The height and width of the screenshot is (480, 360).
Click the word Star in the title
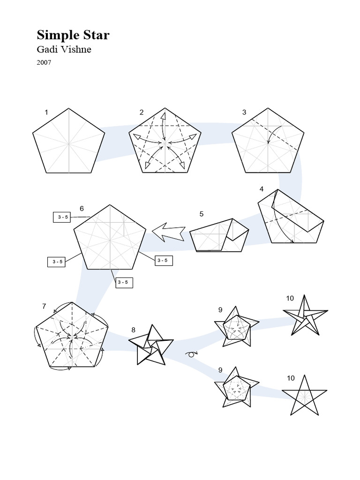96,36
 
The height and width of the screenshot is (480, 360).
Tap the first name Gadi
48,50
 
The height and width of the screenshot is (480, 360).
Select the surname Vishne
76,50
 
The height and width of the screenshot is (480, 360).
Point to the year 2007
44,62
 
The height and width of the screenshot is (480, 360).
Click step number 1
46,112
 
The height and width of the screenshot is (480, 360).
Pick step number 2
141,112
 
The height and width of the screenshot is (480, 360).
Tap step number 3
244,112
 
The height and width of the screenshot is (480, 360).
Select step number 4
262,189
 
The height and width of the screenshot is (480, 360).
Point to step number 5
202,214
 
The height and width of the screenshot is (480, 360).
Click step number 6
82,208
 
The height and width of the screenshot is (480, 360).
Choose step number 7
44,307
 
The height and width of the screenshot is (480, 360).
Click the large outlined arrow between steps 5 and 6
168,232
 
